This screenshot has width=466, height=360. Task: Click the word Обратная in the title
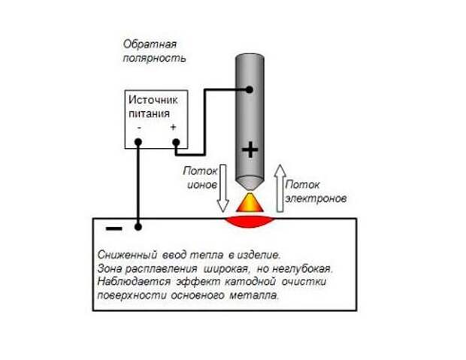[150, 44]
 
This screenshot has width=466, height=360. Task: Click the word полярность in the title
[154, 59]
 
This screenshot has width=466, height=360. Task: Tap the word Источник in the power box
[153, 100]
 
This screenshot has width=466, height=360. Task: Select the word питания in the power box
[149, 113]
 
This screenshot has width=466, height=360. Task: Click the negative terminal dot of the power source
[138, 142]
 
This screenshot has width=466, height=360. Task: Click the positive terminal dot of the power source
[176, 142]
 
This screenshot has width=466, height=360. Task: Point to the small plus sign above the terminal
[173, 127]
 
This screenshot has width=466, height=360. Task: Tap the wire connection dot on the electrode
[250, 89]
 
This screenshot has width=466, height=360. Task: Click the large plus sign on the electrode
[250, 150]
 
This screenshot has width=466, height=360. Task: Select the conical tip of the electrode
[250, 183]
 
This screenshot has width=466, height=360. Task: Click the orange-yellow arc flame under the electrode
[250, 203]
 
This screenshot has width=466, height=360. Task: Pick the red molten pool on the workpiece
[250, 222]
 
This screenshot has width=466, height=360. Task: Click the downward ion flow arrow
[222, 188]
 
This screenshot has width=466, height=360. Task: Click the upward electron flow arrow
[280, 188]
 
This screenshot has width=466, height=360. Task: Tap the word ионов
[201, 185]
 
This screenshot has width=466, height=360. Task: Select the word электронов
[316, 198]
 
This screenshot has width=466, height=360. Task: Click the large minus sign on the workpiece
[113, 228]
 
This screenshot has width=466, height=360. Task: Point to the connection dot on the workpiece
[138, 227]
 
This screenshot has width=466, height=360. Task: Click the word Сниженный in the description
[127, 255]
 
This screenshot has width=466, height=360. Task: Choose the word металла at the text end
[254, 296]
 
